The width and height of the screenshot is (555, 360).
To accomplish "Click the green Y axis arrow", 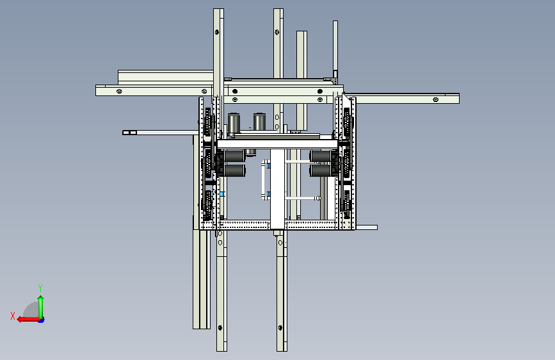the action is click(41, 307).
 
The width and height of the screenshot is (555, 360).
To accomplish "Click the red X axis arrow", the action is click(29, 320).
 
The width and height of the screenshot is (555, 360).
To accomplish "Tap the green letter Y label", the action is click(40, 288).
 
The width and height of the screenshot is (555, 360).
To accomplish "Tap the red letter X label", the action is click(13, 316).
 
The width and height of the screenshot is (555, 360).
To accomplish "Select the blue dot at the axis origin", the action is click(42, 320).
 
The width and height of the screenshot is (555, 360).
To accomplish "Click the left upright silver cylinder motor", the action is click(234, 124).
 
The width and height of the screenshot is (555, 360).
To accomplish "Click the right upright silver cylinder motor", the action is click(259, 122).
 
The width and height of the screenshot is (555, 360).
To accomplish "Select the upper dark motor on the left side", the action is click(234, 156).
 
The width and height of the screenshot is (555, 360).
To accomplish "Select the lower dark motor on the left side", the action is click(234, 170).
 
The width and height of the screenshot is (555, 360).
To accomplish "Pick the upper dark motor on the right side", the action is click(321, 156).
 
